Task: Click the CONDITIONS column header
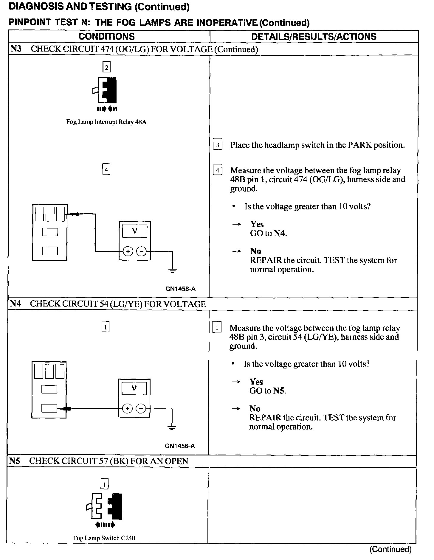pos(106,37)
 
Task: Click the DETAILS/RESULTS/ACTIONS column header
pos(314,37)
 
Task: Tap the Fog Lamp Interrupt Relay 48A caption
pos(106,122)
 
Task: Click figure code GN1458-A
pos(181,289)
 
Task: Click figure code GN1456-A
pos(180,446)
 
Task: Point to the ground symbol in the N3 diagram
pos(173,270)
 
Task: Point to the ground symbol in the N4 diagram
pos(172,428)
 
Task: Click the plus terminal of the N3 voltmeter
pos(128,252)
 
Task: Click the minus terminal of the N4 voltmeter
pos(141,409)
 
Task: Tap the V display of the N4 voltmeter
pos(134,388)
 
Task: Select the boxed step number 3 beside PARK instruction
pos(218,145)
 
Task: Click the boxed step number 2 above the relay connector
pos(106,67)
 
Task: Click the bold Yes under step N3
pos(257,224)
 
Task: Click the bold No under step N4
pos(255,409)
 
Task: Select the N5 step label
pos(14,461)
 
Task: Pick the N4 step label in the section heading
pos(15,304)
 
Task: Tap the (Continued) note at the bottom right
pos(390,549)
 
